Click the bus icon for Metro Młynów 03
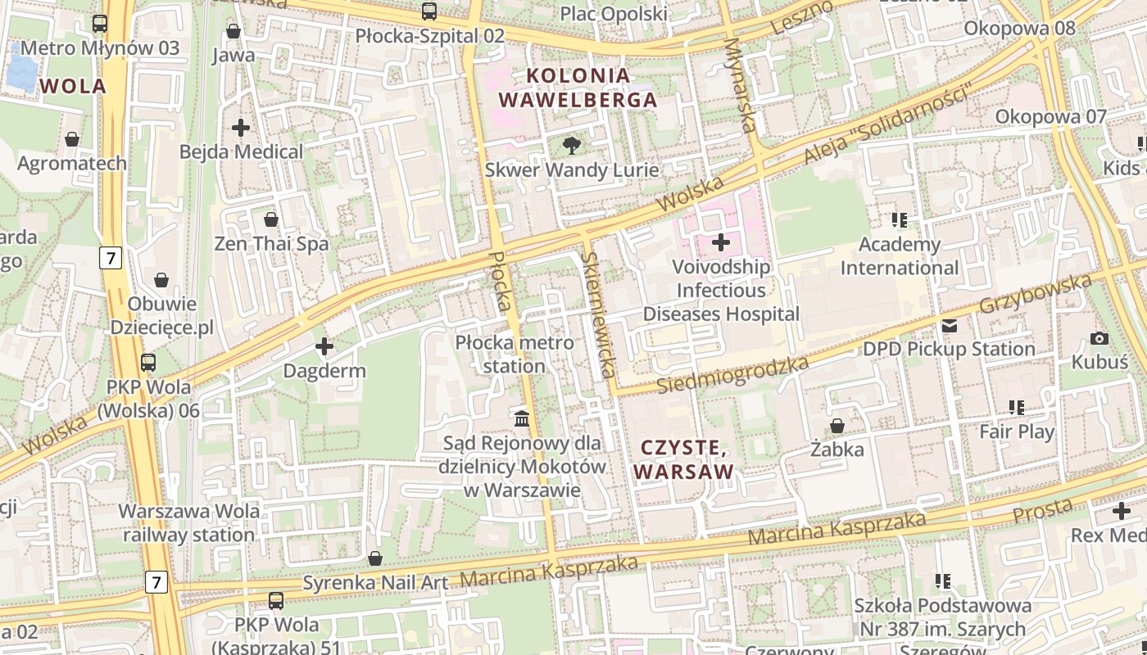100,24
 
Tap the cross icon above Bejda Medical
241,128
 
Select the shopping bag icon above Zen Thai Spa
271,219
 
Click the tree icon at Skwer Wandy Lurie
572,146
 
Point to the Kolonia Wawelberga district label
578,88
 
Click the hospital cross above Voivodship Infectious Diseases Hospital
721,242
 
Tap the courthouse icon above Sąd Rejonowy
521,419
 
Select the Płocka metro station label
514,354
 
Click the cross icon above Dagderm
324,347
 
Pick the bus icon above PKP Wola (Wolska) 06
148,362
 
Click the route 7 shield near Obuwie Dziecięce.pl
111,259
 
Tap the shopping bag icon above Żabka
837,426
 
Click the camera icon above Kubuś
1099,338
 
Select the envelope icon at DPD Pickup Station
949,326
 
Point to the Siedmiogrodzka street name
732,375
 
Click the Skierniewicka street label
598,314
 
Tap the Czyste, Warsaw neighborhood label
682,460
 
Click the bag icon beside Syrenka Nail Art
375,558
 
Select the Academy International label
899,256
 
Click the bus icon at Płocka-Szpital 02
429,11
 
